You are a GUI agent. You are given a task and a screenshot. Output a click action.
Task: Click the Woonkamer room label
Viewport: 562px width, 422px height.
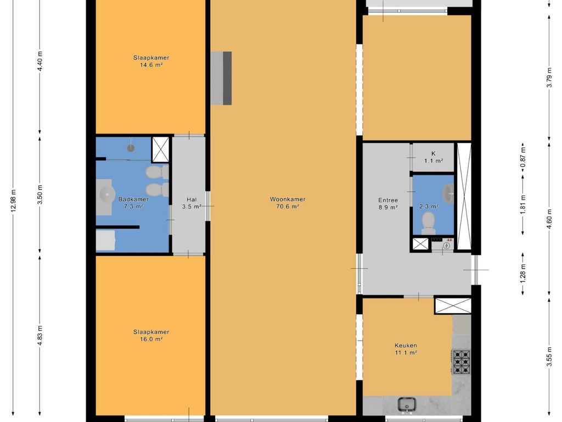point(288,199)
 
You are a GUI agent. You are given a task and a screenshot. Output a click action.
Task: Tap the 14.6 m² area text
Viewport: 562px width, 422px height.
point(151,65)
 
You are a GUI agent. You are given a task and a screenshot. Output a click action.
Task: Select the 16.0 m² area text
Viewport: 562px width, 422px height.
point(151,339)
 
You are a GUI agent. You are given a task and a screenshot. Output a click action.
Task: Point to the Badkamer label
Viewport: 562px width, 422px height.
point(133,199)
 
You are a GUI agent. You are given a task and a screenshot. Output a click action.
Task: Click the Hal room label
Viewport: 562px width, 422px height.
point(192,199)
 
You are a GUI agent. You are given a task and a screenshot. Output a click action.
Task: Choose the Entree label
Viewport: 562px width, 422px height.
point(388,200)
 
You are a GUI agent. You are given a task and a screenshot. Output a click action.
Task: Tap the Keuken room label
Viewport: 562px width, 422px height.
point(406,346)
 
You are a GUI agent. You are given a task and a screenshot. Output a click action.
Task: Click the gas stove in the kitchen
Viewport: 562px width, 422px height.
point(461,362)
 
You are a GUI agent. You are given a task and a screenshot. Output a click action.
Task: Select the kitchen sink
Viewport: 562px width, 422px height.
point(407,404)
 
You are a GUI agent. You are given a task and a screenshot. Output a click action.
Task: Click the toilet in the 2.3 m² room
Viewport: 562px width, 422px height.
point(428,223)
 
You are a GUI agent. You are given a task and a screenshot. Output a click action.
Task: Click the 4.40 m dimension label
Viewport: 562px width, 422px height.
point(40,62)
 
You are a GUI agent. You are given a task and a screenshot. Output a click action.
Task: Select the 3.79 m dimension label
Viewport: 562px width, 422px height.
point(549,77)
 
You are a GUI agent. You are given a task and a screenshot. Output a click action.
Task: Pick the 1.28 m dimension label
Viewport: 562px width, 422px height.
point(523,274)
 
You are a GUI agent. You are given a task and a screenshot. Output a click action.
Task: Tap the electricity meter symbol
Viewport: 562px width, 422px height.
point(447,246)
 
